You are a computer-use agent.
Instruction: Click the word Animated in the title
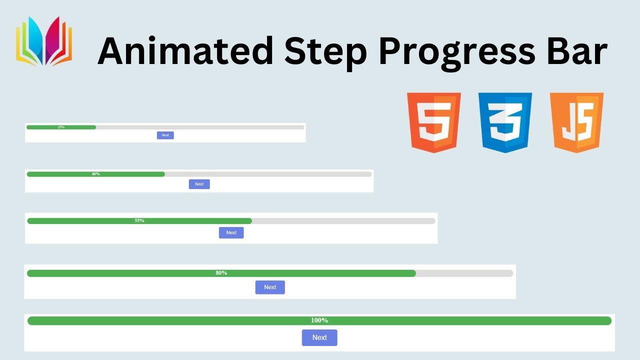184,50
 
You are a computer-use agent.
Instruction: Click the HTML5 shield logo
434,122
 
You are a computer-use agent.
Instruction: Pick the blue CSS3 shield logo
505,122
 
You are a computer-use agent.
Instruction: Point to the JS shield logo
576,122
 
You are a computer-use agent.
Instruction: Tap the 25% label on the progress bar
61,127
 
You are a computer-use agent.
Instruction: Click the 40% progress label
95,174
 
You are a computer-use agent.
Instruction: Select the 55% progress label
139,221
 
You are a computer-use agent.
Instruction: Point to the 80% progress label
221,273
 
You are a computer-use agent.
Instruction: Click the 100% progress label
319,320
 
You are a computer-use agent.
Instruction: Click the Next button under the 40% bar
199,184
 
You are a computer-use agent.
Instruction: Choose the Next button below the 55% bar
231,232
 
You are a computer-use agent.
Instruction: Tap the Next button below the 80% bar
270,287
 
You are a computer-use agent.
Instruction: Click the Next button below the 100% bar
319,337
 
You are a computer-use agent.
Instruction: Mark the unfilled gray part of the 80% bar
464,273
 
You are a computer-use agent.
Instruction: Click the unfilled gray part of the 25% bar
200,127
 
